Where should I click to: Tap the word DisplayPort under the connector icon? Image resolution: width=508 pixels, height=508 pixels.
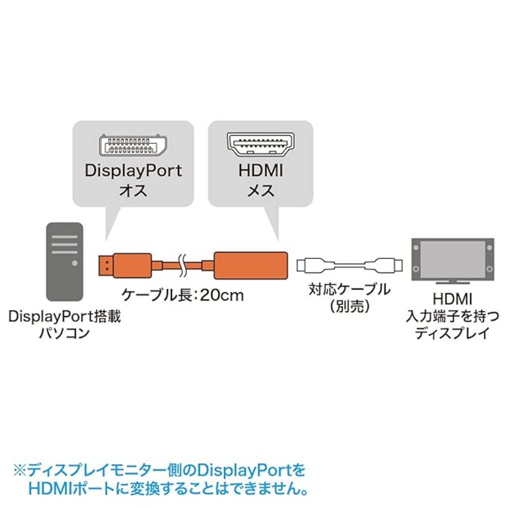pos(133,171)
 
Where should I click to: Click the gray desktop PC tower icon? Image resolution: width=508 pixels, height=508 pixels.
pos(65,262)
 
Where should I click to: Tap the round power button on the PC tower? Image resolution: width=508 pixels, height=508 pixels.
pos(75,263)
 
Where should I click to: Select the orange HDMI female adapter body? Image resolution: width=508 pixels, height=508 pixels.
pos(250,265)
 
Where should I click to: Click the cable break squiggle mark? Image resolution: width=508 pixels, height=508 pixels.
pos(182,265)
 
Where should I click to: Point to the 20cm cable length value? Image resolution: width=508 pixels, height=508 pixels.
pos(222,295)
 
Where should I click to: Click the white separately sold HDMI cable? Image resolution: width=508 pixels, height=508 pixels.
pos(350,265)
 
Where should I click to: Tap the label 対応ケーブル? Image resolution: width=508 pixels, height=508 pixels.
pos(349,289)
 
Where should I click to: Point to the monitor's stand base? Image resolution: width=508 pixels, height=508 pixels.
pos(452,283)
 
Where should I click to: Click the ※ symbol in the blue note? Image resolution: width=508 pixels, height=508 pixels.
pos(19,471)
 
